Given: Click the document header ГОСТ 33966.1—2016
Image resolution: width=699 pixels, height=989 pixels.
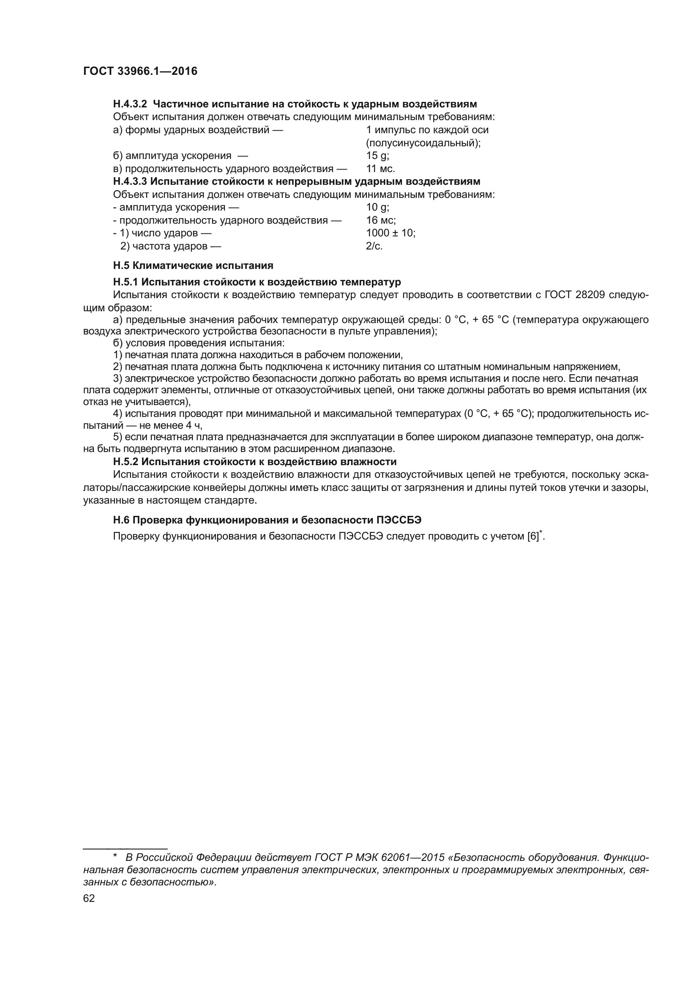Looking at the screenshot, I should (x=140, y=71).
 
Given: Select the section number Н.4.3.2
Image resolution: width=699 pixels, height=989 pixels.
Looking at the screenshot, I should (x=130, y=104).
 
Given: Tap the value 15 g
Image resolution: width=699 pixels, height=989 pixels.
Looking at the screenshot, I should (x=377, y=156).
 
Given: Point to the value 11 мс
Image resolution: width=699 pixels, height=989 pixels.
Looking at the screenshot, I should (x=380, y=169).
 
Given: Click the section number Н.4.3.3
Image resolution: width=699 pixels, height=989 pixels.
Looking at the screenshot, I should (x=130, y=181).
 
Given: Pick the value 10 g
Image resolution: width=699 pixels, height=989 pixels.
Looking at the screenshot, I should (x=377, y=208).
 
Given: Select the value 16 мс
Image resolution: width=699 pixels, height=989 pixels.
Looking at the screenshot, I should (x=380, y=221).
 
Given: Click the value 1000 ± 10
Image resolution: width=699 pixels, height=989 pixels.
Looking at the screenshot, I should (x=390, y=233).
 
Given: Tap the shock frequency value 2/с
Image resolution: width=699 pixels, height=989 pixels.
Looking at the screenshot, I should (x=374, y=247).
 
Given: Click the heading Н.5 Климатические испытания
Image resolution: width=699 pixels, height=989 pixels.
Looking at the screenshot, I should (x=193, y=266).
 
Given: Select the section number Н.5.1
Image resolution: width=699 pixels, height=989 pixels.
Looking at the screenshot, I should (x=126, y=282).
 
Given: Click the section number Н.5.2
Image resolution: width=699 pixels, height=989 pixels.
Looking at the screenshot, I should (x=126, y=462).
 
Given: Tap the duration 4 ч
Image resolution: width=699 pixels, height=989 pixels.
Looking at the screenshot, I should (x=194, y=426).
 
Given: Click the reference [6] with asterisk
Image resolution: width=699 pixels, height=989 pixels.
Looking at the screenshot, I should (x=535, y=537).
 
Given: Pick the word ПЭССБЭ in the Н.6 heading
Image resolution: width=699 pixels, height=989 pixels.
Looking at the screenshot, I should (x=399, y=520).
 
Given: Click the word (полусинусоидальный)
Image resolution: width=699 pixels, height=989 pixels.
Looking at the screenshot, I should (x=423, y=143).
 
